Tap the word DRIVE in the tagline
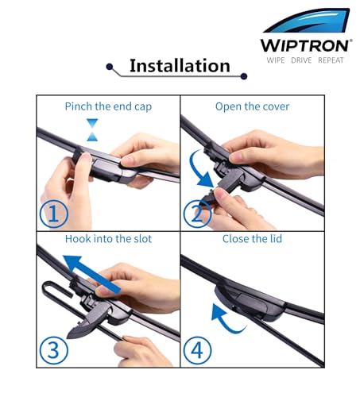[x=301, y=60]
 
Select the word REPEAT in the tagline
[x=331, y=60]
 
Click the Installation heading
[x=180, y=65]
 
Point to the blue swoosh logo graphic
[x=308, y=21]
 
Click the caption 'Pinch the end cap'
[x=108, y=106]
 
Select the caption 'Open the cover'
[x=252, y=106]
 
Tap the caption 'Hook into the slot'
[x=108, y=239]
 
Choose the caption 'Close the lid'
[x=252, y=239]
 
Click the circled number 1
[x=54, y=214]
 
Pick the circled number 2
[x=197, y=214]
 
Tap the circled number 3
[x=54, y=350]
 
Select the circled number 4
[x=197, y=350]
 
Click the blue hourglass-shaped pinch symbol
[x=92, y=129]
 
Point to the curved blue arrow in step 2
[x=195, y=172]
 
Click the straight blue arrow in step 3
[x=91, y=274]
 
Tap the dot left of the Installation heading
[x=110, y=67]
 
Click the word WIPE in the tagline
[x=276, y=60]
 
